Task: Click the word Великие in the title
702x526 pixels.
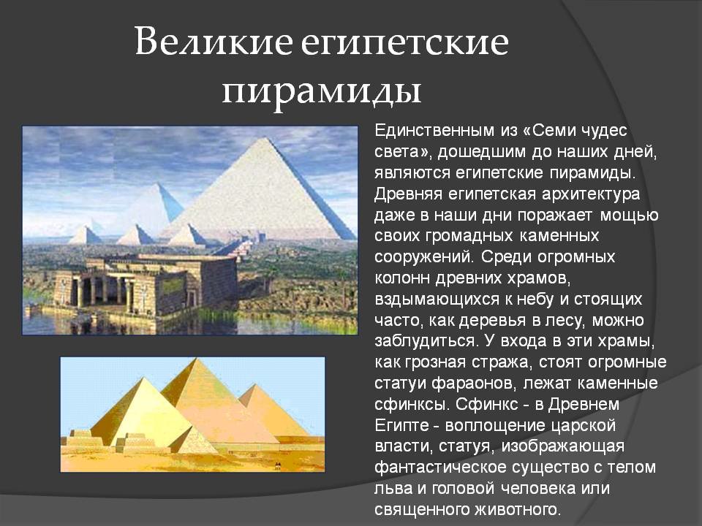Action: pyautogui.click(x=213, y=42)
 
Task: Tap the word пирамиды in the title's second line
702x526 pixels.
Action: pyautogui.click(x=322, y=92)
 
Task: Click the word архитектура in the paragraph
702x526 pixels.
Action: pyautogui.click(x=591, y=195)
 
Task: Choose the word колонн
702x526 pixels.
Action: pyautogui.click(x=402, y=278)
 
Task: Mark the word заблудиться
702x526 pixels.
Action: pyautogui.click(x=425, y=342)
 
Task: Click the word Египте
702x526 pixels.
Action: pyautogui.click(x=400, y=426)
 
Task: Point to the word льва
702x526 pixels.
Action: pyautogui.click(x=393, y=489)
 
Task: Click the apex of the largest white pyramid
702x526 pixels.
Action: pyautogui.click(x=265, y=138)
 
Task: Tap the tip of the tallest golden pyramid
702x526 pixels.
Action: pyautogui.click(x=195, y=359)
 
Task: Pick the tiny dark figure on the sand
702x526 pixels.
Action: pyautogui.click(x=278, y=465)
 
